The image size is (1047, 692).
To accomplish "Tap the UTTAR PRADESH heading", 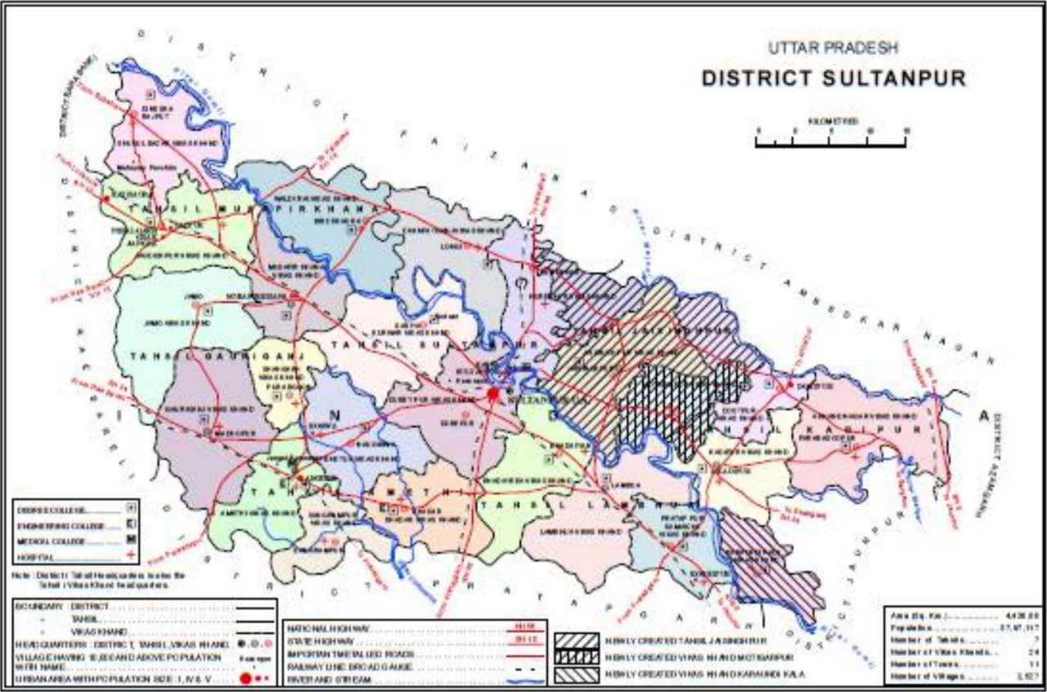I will (x=833, y=48).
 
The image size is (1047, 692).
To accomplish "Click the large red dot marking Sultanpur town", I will (x=492, y=393).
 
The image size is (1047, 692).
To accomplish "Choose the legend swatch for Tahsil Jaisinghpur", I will (x=576, y=640).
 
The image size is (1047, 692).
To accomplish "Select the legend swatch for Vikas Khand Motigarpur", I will (x=576, y=657).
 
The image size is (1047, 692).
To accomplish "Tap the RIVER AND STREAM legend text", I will (x=326, y=679).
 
